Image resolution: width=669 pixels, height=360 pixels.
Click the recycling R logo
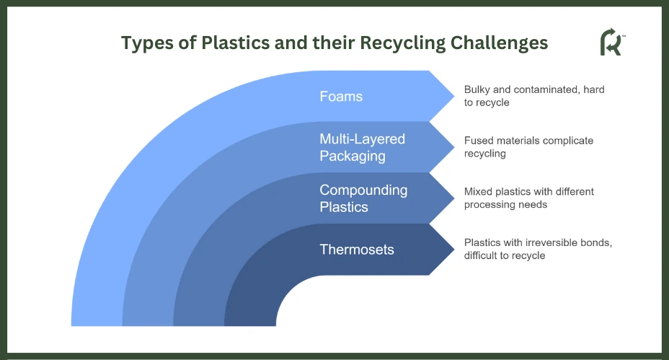pyautogui.click(x=612, y=42)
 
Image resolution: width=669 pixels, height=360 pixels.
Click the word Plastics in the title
pyautogui.click(x=236, y=43)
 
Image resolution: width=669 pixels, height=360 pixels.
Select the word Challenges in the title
pyautogui.click(x=499, y=43)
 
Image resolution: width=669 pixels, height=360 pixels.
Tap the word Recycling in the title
pyautogui.click(x=403, y=43)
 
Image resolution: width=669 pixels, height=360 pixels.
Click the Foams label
pyautogui.click(x=341, y=96)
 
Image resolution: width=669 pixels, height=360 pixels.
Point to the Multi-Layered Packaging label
pyautogui.click(x=362, y=147)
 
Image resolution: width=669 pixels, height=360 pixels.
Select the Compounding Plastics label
pyautogui.click(x=363, y=198)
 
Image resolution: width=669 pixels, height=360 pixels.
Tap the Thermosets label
pyautogui.click(x=357, y=250)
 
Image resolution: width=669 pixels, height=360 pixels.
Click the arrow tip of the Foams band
pyautogui.click(x=454, y=96)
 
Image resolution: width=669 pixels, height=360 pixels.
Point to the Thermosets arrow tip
pyautogui.click(x=454, y=250)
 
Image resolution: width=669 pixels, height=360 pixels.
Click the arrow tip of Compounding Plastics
pyautogui.click(x=454, y=198)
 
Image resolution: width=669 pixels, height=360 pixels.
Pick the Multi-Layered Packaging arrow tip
pyautogui.click(x=454, y=147)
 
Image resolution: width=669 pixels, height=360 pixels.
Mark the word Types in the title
pyautogui.click(x=147, y=43)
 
